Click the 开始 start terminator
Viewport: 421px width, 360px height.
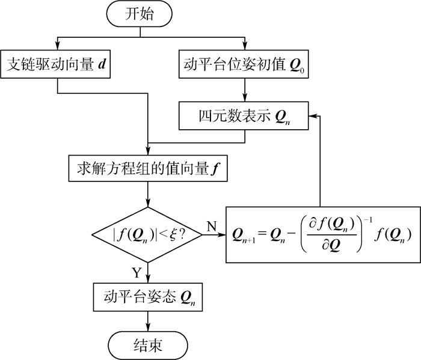147,14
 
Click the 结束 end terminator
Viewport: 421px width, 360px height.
147,345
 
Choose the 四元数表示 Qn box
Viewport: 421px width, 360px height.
244,115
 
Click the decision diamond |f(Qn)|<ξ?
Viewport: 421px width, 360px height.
147,235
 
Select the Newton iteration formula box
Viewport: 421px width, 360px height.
324,235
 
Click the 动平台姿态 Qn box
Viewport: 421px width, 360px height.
147,296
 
